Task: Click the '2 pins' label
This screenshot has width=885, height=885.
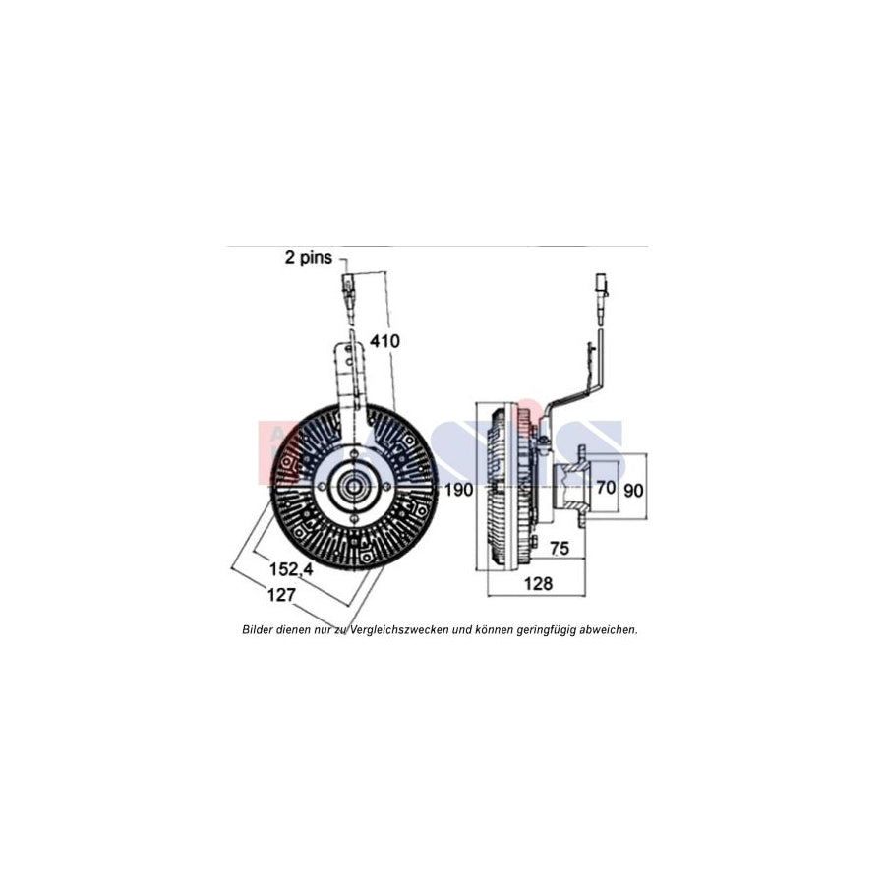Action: coord(309,258)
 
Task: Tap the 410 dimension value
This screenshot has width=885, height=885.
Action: coord(384,342)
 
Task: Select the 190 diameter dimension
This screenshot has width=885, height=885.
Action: coord(458,488)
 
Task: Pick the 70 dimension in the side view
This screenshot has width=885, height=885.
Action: coord(606,487)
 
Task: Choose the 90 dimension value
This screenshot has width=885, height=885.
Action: coord(635,488)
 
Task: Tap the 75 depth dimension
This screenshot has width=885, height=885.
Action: coord(560,547)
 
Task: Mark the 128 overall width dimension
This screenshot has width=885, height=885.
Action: coord(537,583)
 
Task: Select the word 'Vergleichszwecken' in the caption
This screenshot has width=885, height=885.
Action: coord(389,628)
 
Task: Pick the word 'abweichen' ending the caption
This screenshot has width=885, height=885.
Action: coord(609,628)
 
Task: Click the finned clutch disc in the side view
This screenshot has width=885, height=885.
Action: coord(501,487)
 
